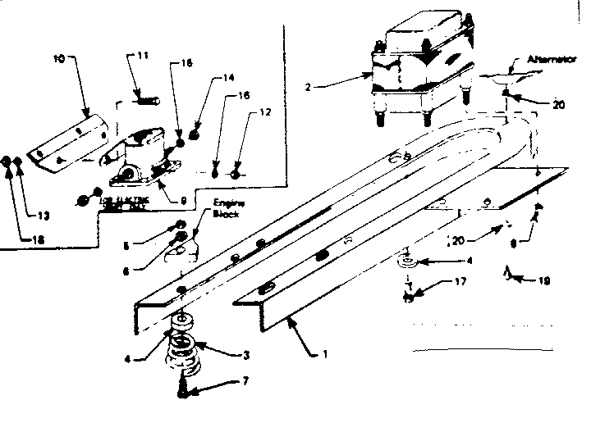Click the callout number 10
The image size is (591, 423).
[x=58, y=59]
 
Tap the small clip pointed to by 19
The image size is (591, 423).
[x=509, y=272]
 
